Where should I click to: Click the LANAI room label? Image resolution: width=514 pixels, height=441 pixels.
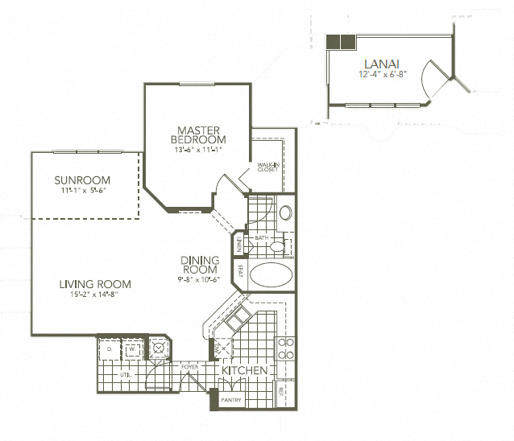(x=382, y=63)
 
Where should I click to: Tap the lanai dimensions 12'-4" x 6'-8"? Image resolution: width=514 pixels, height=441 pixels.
(x=383, y=74)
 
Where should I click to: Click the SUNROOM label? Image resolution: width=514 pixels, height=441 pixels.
(x=82, y=179)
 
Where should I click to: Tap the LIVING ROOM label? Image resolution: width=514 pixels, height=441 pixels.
(x=95, y=284)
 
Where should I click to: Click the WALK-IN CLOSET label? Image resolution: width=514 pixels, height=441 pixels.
(x=267, y=167)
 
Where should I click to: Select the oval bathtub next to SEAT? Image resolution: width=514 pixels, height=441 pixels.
(x=273, y=274)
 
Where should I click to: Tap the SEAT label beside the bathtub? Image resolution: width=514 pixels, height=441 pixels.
(x=240, y=271)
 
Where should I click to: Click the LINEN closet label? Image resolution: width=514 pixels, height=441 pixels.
(x=238, y=244)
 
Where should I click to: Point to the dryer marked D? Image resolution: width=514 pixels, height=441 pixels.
(x=109, y=349)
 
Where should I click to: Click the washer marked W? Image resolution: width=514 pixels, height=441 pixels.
(x=131, y=349)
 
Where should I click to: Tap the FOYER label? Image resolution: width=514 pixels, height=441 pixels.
(x=189, y=366)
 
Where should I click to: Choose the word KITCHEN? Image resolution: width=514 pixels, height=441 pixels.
(x=245, y=371)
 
